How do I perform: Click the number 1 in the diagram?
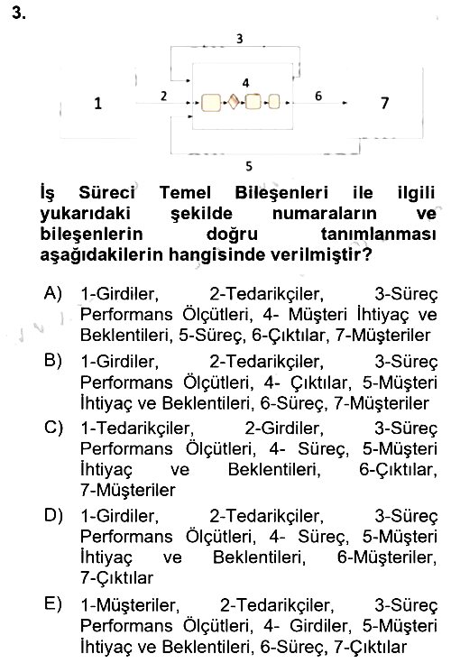click(x=97, y=103)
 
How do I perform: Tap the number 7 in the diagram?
click(x=384, y=103)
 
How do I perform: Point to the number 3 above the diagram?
click(x=240, y=39)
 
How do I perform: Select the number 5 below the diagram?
click(x=249, y=166)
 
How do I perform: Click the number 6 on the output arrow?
click(x=318, y=96)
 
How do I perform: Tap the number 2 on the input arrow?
click(x=164, y=96)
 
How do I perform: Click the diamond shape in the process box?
click(x=233, y=102)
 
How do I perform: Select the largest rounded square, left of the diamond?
click(x=211, y=103)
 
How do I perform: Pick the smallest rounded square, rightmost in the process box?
click(x=274, y=102)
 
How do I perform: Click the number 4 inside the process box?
click(x=246, y=83)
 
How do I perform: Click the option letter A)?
click(x=53, y=292)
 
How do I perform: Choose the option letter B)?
click(x=53, y=360)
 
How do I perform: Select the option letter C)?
click(x=54, y=427)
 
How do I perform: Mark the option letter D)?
click(x=54, y=515)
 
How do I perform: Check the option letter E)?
click(x=53, y=603)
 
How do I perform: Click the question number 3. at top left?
click(x=19, y=13)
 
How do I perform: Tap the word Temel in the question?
click(x=185, y=193)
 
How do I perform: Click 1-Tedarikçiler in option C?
click(x=137, y=428)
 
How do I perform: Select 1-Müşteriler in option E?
click(x=130, y=605)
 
